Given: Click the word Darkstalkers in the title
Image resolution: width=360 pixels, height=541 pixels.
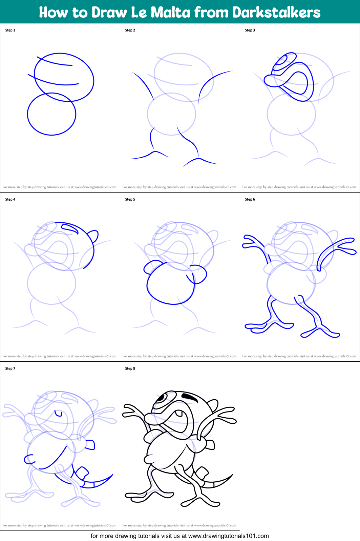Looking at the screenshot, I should [x=276, y=13].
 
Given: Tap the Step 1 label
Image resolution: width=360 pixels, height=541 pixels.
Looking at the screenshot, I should [x=10, y=30].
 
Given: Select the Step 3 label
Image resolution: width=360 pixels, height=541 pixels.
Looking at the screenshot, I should [x=250, y=30].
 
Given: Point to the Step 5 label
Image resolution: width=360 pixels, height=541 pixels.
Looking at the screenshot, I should [x=130, y=199].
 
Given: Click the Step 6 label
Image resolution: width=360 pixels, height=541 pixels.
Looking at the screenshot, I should [x=250, y=199].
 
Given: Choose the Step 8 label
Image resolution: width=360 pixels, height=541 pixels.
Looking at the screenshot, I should [x=130, y=368].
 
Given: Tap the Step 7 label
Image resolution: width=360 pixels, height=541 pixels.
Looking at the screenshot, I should [x=10, y=368].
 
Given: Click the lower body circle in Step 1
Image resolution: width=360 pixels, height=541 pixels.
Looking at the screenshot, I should [x=51, y=114].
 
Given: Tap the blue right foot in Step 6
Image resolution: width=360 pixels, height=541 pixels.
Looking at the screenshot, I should [x=320, y=330].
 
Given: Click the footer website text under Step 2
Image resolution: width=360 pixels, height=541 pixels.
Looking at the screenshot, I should [x=179, y=187].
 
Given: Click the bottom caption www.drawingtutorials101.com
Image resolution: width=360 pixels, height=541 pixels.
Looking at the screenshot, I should [x=228, y=536].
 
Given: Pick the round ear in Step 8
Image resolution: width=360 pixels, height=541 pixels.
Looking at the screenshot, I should [x=213, y=404].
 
